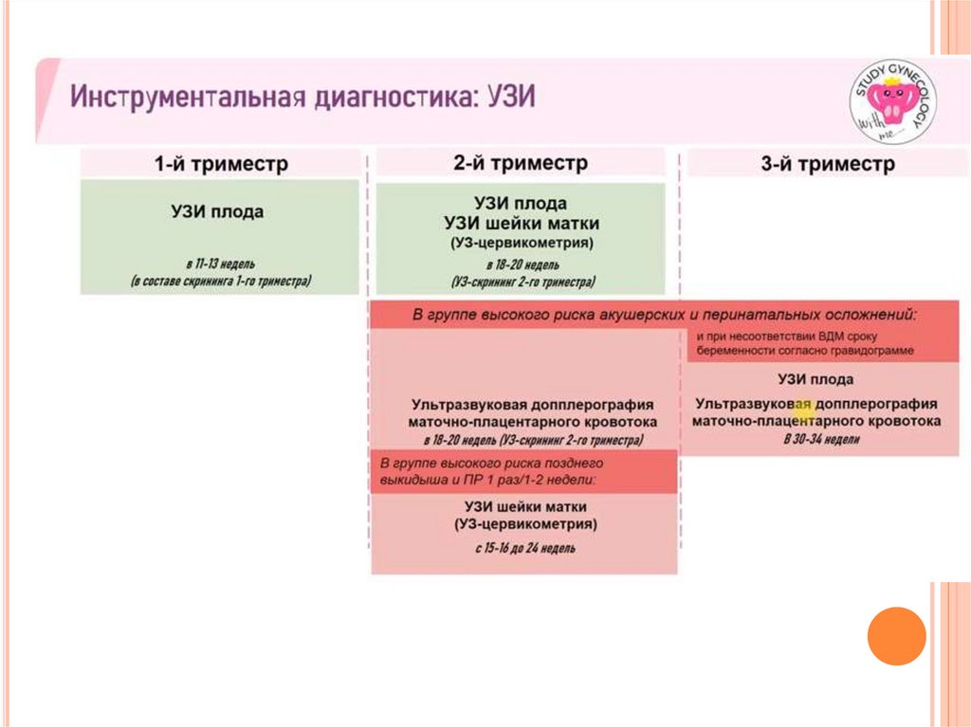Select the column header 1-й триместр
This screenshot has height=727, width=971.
[221, 164]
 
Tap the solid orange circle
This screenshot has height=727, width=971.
[896, 635]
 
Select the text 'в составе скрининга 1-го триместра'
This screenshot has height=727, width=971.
[220, 282]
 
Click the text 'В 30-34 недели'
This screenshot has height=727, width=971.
[821, 440]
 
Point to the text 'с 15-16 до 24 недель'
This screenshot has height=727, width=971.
[524, 548]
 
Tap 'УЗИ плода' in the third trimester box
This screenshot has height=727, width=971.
[815, 379]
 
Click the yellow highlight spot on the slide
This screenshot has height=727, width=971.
[803, 409]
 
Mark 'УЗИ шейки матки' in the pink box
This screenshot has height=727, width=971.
[524, 505]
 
